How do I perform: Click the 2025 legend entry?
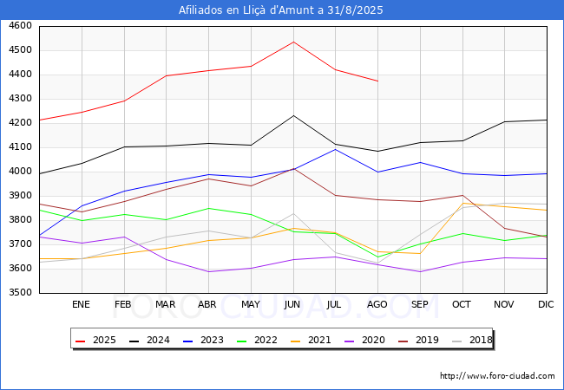coord(95,340)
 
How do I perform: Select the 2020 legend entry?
coord(364,340)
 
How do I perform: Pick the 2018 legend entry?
coord(472,340)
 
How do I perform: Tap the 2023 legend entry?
coord(203,340)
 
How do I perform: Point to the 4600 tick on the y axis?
coord(20,26)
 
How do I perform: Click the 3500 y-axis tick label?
coord(20,292)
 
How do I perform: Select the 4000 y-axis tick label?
coord(20,172)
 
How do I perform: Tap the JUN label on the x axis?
coord(292,304)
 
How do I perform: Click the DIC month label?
coord(546,304)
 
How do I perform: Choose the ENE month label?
coord(81,304)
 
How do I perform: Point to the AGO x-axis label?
coord(377,304)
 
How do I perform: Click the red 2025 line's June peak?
coord(293,42)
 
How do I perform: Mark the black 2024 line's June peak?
coord(293,115)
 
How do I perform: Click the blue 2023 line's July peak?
coord(336,149)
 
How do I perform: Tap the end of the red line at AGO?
coord(377,81)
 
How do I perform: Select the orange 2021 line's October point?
coord(462,204)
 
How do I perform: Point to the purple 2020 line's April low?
coord(208,271)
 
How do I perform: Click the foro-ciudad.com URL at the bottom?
coord(497,376)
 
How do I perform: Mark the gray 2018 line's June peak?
coord(293,214)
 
